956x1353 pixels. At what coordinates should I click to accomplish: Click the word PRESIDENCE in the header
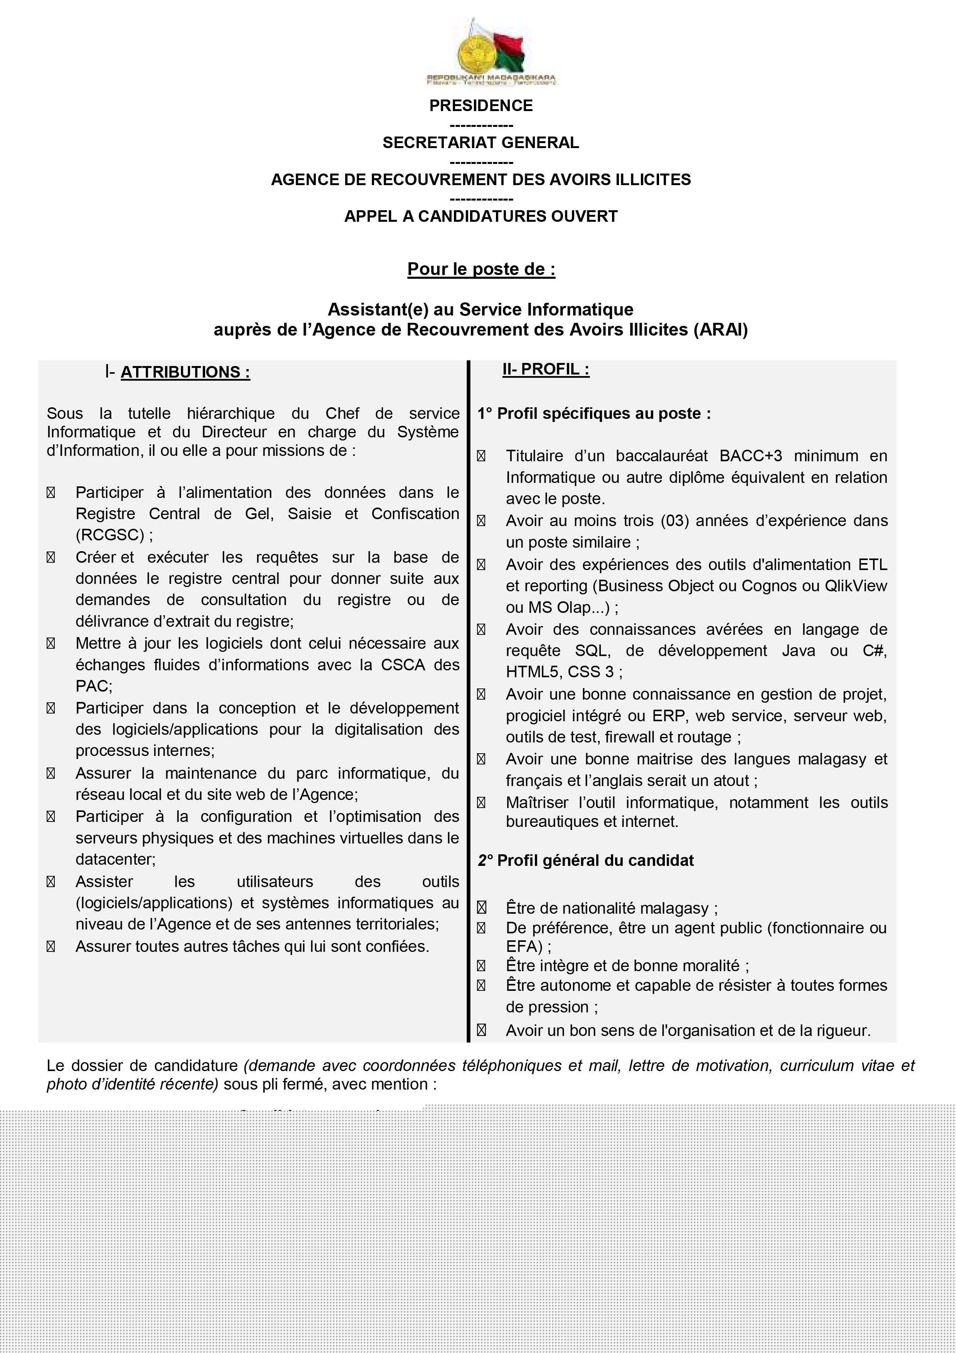481,105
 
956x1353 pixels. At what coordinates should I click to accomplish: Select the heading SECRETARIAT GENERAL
481,143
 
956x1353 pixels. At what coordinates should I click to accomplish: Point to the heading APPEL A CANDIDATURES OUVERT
481,216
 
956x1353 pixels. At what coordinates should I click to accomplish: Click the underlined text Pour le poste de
481,269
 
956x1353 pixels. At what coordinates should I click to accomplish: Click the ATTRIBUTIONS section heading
185,373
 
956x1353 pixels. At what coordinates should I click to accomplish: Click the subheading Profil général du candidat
595,860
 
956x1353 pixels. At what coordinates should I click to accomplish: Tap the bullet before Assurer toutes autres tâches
51,946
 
